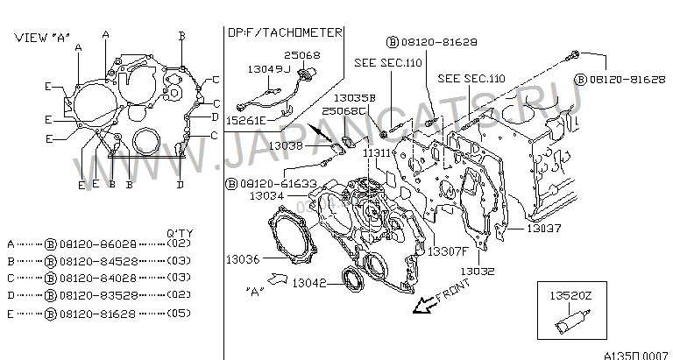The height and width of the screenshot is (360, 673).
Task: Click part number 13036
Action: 241,259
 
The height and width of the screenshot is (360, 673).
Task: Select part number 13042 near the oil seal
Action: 309,284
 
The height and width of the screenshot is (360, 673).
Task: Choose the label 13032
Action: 478,272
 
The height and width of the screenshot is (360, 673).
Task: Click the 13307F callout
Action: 445,251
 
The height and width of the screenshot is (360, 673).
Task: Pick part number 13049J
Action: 266,67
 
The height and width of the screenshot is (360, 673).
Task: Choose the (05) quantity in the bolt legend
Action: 178,312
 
